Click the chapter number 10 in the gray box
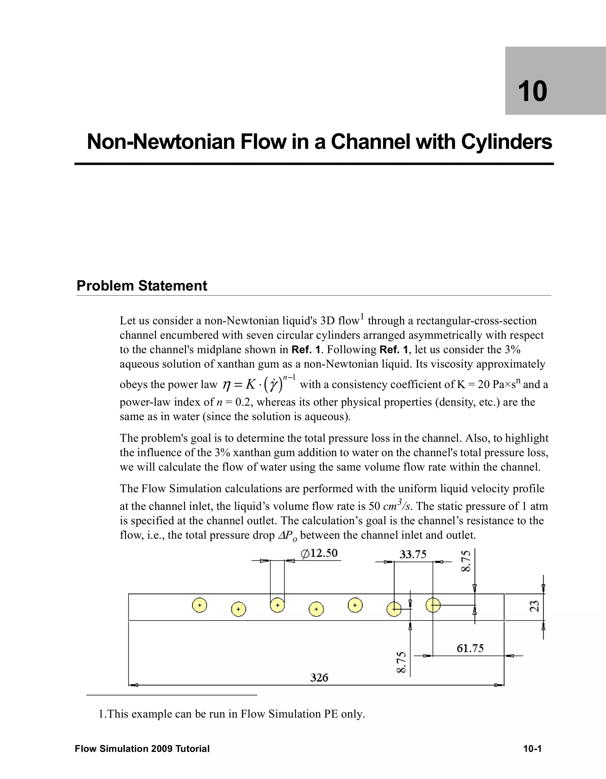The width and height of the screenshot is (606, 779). [x=532, y=91]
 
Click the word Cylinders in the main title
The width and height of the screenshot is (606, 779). [x=507, y=142]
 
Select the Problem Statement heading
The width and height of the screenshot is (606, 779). [x=142, y=286]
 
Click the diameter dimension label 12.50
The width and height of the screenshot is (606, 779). [x=319, y=553]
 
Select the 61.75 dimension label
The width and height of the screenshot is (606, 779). [x=470, y=648]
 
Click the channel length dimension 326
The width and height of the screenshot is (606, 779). [x=319, y=677]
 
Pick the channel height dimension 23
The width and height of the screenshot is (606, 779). [x=534, y=606]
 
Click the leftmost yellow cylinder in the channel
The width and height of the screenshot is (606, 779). [x=199, y=605]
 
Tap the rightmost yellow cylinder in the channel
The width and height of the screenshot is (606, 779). [x=433, y=605]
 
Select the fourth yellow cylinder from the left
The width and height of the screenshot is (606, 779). [x=316, y=609]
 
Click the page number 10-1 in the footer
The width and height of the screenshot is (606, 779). [x=532, y=749]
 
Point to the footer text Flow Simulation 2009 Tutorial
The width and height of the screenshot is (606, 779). [x=142, y=749]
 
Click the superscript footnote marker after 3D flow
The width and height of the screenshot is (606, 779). [x=362, y=316]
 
